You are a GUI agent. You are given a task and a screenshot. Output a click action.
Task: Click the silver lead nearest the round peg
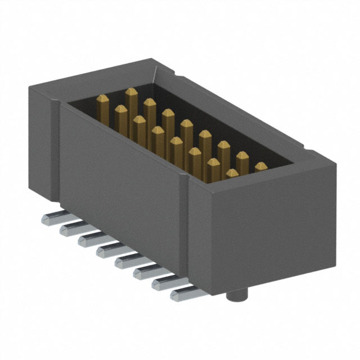tap(183, 292)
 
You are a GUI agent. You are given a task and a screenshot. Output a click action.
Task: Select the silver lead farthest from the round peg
tap(50, 218)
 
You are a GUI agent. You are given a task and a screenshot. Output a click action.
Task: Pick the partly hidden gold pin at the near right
tap(261, 166)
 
